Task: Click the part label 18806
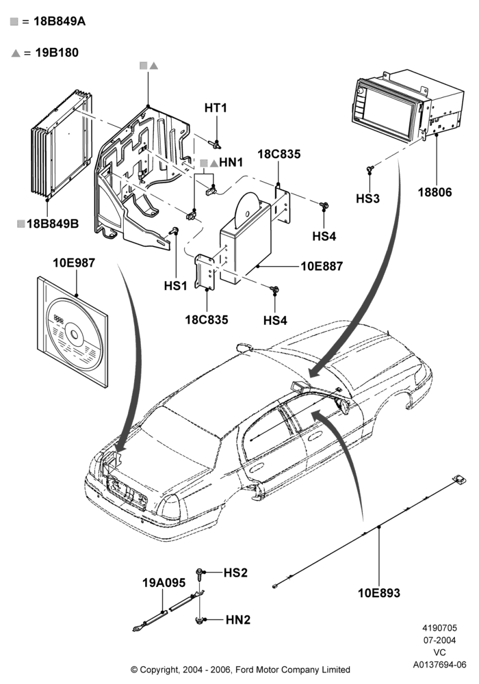click(435, 192)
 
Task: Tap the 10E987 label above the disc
click(74, 263)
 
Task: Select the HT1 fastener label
click(216, 108)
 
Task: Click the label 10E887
click(322, 265)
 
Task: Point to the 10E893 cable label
click(378, 593)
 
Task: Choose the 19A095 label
click(164, 583)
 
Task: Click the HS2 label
click(235, 573)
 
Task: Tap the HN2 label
click(238, 620)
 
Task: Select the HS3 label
click(367, 198)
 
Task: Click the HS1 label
click(175, 286)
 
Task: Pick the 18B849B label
click(53, 224)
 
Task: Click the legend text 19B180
click(57, 53)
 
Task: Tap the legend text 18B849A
click(60, 21)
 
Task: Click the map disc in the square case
click(75, 334)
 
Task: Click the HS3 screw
click(370, 168)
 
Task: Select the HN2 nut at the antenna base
click(200, 620)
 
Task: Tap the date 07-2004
click(439, 640)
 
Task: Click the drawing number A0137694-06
click(440, 664)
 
